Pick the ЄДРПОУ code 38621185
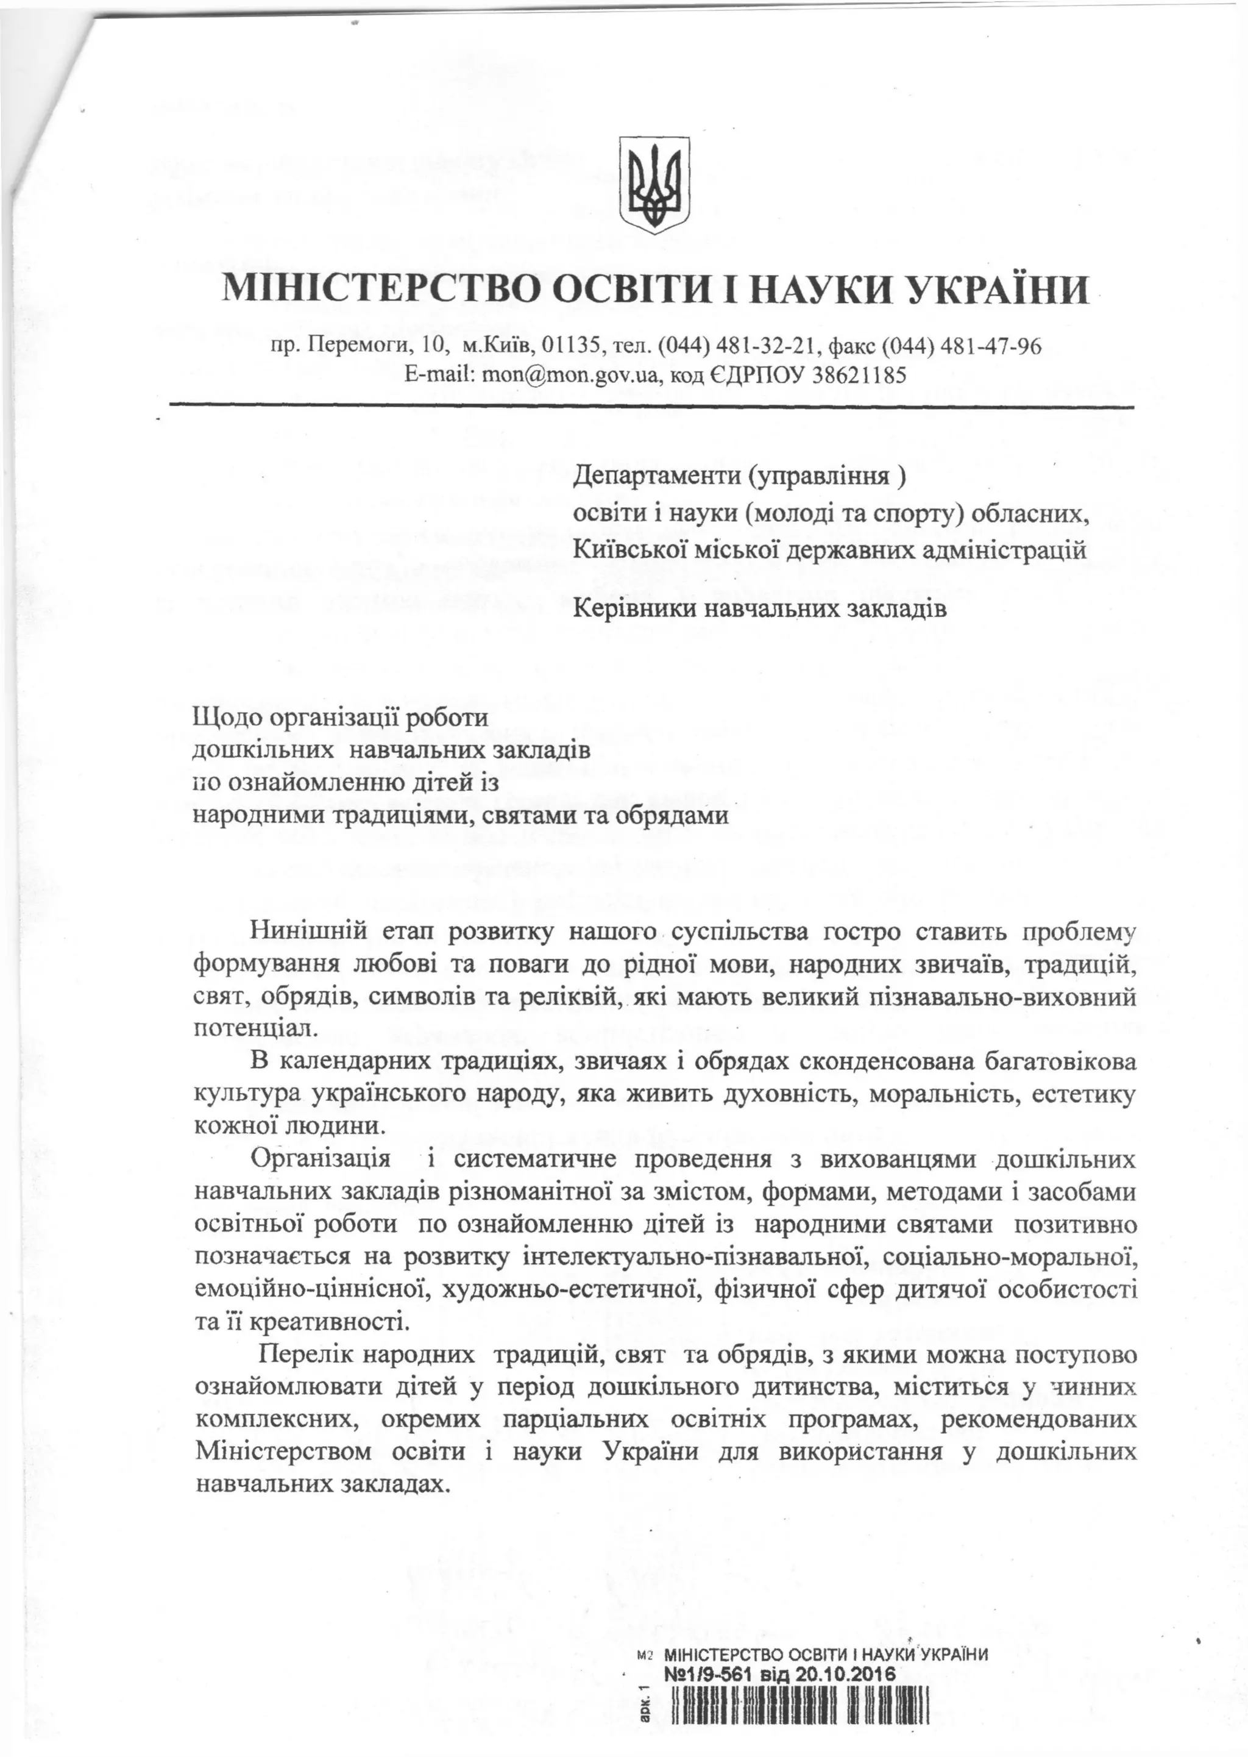pyautogui.click(x=851, y=375)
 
